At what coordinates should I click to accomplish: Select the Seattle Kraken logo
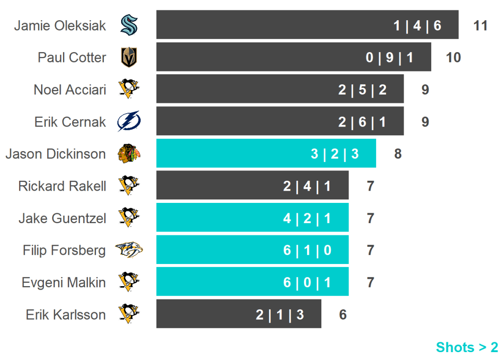[x=129, y=25]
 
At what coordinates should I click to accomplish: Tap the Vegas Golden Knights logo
[x=129, y=57]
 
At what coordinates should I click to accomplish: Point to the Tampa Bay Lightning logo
[x=129, y=121]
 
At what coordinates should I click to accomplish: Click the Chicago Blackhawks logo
[x=129, y=154]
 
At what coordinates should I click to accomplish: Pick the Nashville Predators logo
[x=128, y=250]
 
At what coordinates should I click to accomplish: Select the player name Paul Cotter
[x=72, y=58]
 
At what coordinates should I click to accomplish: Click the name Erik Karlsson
[x=66, y=315]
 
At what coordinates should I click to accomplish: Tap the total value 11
[x=480, y=26]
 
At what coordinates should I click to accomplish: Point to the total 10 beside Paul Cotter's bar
[x=453, y=58]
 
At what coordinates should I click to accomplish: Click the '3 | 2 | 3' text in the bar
[x=335, y=154]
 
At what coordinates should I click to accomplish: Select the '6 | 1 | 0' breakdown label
[x=307, y=251]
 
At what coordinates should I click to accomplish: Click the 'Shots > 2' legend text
[x=467, y=347]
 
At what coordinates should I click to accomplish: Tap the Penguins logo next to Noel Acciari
[x=129, y=89]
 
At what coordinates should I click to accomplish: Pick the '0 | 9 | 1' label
[x=389, y=58]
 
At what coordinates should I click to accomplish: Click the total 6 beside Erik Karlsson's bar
[x=343, y=315]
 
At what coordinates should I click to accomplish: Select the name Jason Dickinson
[x=56, y=154]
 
